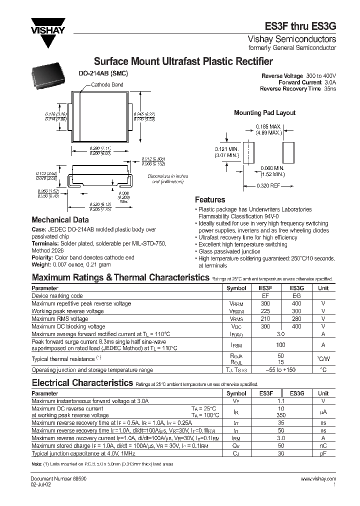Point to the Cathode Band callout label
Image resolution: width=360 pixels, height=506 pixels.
pos(107,85)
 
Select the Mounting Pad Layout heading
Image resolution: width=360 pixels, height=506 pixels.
pos(264,113)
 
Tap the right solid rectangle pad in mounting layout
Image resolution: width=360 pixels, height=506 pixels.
pos(288,152)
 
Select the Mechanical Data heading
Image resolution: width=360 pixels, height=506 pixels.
pos(60,219)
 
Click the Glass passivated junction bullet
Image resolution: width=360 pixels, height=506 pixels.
pos(229,251)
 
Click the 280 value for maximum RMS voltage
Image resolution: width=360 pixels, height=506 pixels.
pos(296,318)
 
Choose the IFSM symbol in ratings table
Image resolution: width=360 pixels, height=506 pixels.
pos(236,345)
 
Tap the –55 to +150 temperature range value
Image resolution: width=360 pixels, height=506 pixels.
pos(280,370)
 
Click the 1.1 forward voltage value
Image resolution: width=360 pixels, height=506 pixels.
pos(280,401)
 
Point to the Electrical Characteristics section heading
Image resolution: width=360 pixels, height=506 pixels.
pos(81,383)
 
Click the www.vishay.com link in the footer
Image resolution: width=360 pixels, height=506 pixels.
pos(318,479)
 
